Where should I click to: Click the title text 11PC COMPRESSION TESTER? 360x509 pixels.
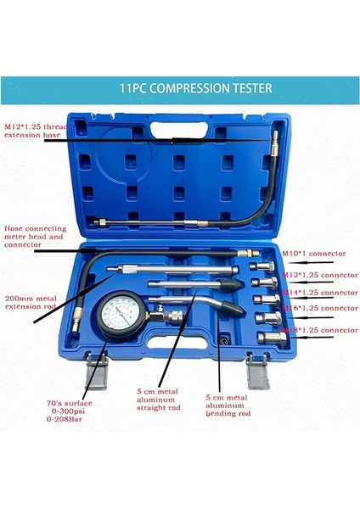(180, 87)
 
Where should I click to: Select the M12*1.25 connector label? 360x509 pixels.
(318, 275)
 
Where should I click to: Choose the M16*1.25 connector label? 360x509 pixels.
(318, 309)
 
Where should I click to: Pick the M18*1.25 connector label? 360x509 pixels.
(318, 329)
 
